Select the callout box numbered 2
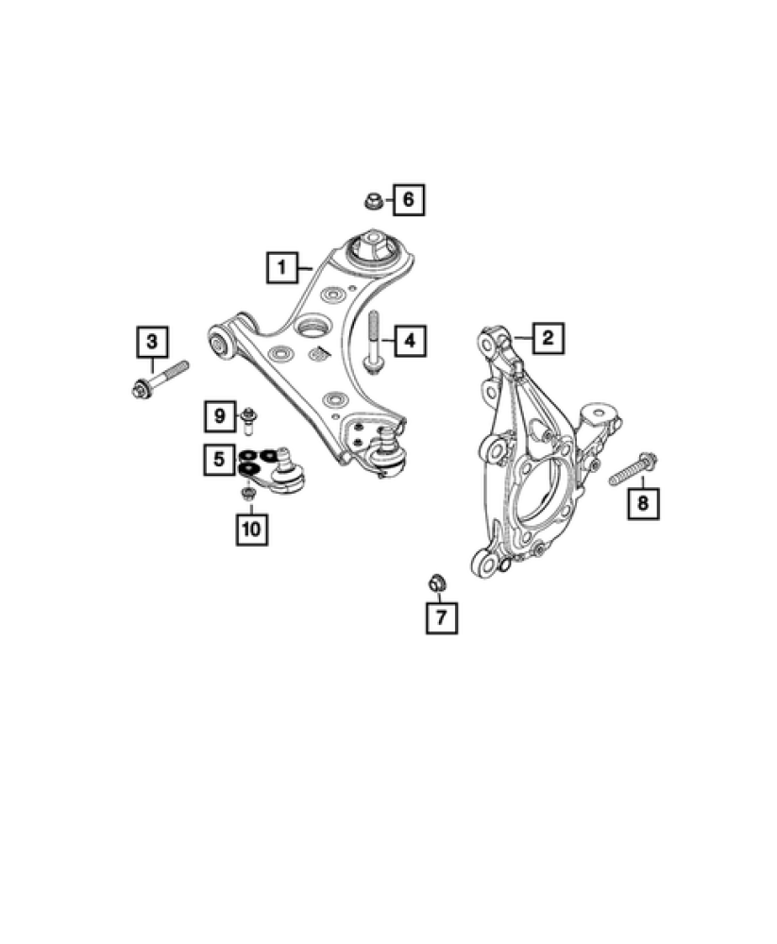click(549, 337)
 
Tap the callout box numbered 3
click(153, 340)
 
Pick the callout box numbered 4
click(409, 340)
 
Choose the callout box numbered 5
click(218, 460)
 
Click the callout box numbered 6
click(409, 199)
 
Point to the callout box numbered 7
click(441, 617)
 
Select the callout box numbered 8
click(643, 503)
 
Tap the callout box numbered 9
click(218, 414)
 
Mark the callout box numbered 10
click(251, 529)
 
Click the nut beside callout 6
click(373, 200)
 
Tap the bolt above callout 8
click(633, 469)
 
